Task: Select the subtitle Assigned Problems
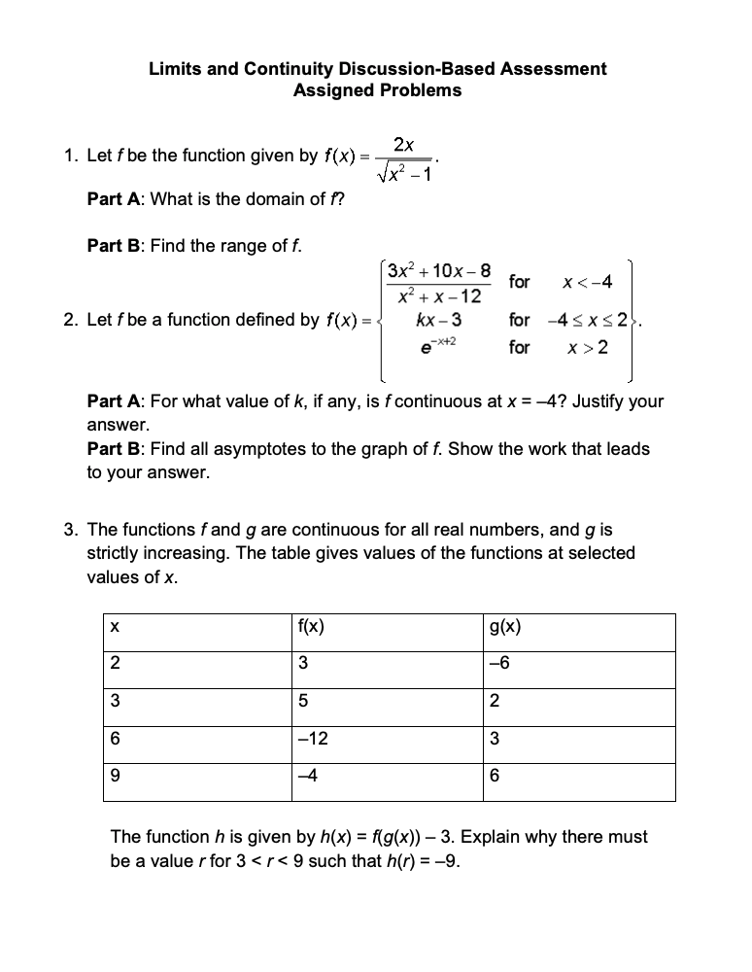pos(377,90)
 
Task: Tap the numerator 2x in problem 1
pos(405,145)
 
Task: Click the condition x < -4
pos(588,282)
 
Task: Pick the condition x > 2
pos(588,347)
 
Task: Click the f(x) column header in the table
pos(311,628)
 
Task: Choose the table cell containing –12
pos(315,739)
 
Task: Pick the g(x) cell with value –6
pos(500,664)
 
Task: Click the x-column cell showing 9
pos(116,776)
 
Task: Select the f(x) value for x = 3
pos(304,701)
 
